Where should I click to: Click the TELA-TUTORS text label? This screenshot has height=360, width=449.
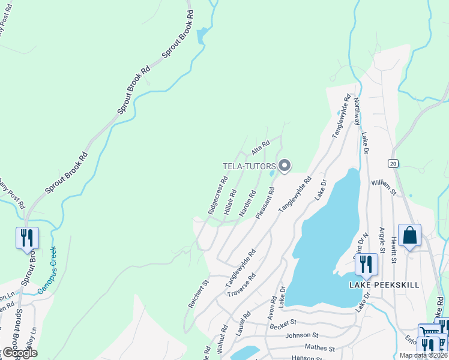coord(249,166)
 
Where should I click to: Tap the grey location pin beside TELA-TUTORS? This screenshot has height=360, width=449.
coord(285,165)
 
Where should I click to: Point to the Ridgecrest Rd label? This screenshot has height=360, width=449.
coord(217,195)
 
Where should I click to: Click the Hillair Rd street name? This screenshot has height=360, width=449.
coord(231,202)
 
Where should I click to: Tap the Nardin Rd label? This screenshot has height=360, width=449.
coord(247,203)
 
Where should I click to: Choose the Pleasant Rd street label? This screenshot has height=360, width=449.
coord(265,202)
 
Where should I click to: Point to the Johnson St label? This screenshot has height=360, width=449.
coord(303,336)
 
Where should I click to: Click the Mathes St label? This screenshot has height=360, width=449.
coord(319,347)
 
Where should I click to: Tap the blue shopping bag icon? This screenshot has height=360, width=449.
coord(409,235)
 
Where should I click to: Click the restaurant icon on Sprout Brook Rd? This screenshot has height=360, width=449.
coord(27,238)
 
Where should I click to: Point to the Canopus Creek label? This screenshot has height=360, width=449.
coord(47,271)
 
